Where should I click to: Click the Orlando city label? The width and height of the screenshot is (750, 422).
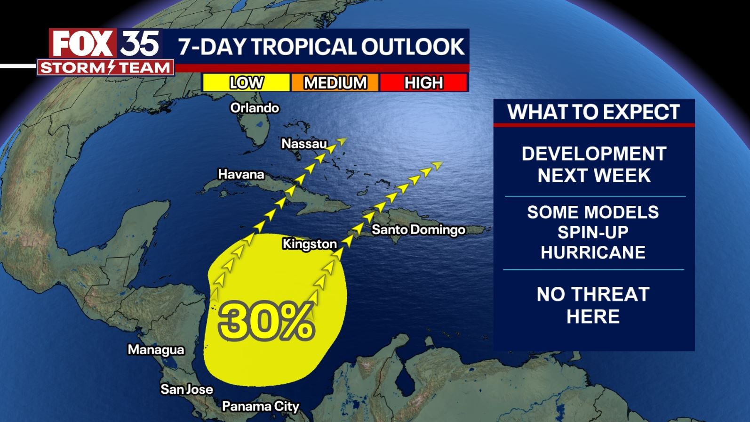[x=255, y=108]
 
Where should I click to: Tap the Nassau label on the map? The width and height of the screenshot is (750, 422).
[x=304, y=143]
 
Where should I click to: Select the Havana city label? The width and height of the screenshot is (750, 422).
[x=241, y=174]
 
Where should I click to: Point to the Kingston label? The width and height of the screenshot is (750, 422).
[x=310, y=243]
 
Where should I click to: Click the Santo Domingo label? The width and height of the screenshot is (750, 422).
[x=418, y=229]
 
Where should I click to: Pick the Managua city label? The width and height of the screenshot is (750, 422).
[x=156, y=349]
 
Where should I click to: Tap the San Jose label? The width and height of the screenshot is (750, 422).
[x=187, y=389]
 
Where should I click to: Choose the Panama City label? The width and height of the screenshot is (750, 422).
[x=260, y=406]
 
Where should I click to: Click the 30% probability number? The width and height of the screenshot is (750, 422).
[x=266, y=321]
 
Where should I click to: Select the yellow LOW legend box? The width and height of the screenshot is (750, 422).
[x=246, y=83]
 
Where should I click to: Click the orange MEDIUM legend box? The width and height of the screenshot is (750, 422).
[x=335, y=83]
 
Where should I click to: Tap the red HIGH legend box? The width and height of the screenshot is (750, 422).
[x=423, y=83]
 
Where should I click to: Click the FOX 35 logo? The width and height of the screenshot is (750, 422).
[x=106, y=44]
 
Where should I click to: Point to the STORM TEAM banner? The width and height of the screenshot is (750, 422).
[x=106, y=68]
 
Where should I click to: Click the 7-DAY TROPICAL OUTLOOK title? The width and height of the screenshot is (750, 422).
[x=321, y=47]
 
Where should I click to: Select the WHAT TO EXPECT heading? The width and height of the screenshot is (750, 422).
[x=593, y=112]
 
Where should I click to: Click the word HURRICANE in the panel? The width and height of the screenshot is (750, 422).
[x=593, y=252]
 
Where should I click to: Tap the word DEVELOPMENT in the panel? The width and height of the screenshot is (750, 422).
[x=594, y=154]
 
